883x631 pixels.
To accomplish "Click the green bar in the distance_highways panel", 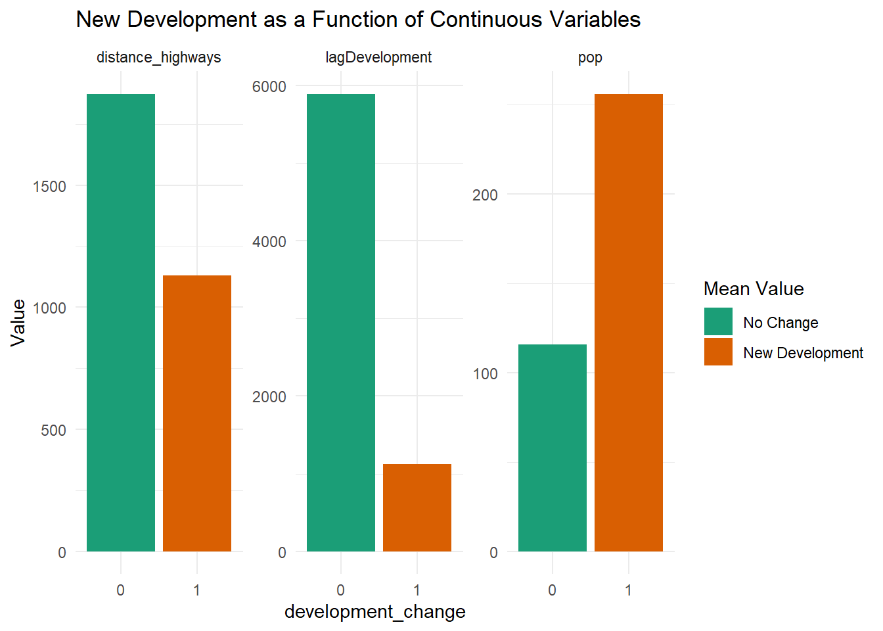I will click(x=121, y=322).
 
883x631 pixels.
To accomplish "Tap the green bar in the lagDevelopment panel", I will click(x=341, y=322).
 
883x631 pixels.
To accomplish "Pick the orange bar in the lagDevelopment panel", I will click(x=417, y=507).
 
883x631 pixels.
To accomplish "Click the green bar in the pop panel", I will click(x=553, y=448).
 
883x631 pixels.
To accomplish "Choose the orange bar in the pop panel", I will click(x=629, y=322).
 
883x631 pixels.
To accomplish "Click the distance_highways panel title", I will click(x=158, y=58).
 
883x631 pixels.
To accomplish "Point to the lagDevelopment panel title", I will click(x=378, y=58).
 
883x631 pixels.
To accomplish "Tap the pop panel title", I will click(x=590, y=58).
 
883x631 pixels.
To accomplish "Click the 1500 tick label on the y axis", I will click(x=49, y=187).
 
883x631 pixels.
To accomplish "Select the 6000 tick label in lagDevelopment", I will click(x=269, y=87).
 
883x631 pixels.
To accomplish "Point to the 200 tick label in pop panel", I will click(x=485, y=195).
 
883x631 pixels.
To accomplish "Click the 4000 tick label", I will click(x=269, y=242).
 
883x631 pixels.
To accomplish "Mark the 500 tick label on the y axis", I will click(x=53, y=431).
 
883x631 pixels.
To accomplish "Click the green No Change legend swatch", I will click(x=718, y=322).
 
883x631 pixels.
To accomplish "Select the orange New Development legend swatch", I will click(x=718, y=352).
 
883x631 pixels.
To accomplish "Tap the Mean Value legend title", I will click(x=754, y=289).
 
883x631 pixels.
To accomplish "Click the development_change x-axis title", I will click(x=374, y=612).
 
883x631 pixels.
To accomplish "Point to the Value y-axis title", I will click(x=18, y=322).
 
